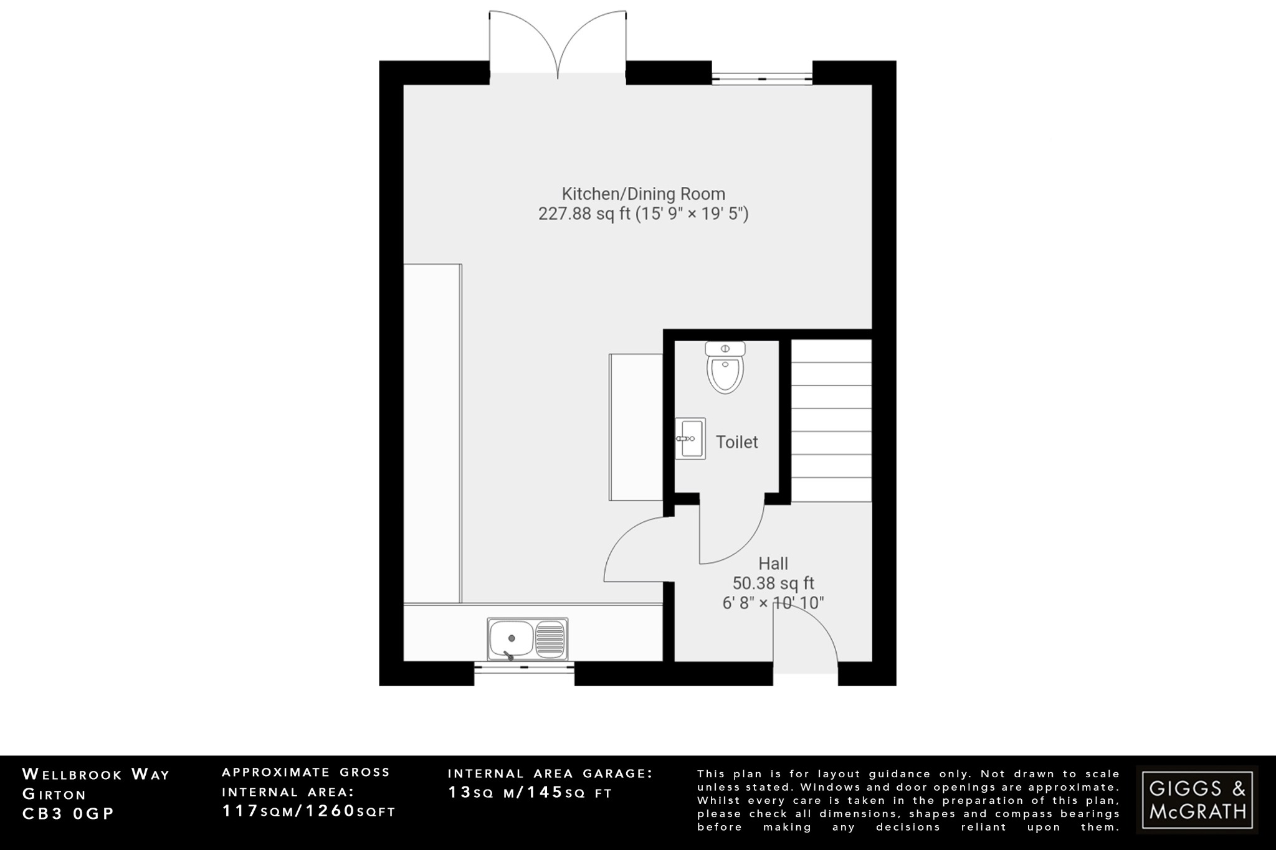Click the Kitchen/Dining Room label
click(x=644, y=194)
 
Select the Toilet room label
click(x=736, y=442)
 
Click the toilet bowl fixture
click(x=725, y=368)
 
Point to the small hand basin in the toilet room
click(x=690, y=438)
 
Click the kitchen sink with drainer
click(x=528, y=639)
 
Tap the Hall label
click(x=773, y=564)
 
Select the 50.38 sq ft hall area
click(x=773, y=583)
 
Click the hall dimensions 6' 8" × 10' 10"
click(x=773, y=603)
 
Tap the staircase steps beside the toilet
click(x=831, y=420)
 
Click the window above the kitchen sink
click(x=524, y=667)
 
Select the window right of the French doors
click(x=762, y=79)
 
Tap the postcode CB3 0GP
click(x=69, y=814)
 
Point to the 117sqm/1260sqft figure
click(x=309, y=811)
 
